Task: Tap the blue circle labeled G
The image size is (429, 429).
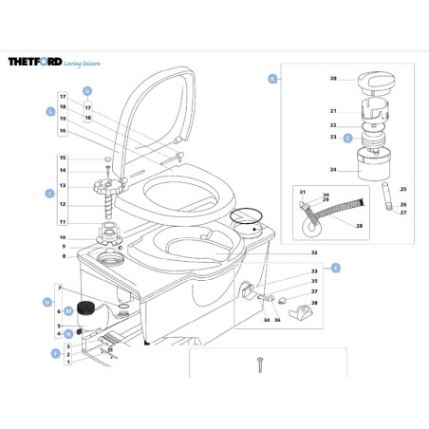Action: click(x=87, y=90)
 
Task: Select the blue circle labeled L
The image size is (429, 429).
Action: click(x=50, y=112)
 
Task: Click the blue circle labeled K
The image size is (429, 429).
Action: click(x=274, y=78)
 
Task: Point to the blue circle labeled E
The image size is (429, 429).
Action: click(x=335, y=270)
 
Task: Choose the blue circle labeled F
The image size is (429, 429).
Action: click(x=56, y=353)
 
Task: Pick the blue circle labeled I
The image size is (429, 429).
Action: click(x=48, y=193)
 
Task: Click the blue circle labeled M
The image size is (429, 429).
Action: click(x=68, y=311)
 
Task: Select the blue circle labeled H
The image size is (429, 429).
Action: click(x=68, y=333)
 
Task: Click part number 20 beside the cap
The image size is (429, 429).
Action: click(x=333, y=78)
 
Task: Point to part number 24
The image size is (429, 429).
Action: click(x=333, y=170)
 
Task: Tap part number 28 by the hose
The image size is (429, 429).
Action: click(x=360, y=226)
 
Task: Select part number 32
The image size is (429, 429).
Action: click(x=314, y=252)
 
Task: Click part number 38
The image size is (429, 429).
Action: click(x=314, y=303)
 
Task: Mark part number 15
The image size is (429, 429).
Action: click(x=63, y=159)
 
